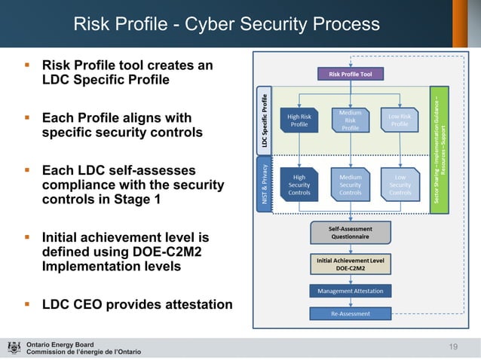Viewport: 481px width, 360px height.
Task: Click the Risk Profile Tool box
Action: pyautogui.click(x=350, y=74)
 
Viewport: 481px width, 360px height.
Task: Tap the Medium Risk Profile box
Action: pyautogui.click(x=350, y=121)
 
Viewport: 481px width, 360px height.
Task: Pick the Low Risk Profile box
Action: pyautogui.click(x=400, y=120)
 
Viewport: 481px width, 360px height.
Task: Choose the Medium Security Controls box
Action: pyautogui.click(x=350, y=185)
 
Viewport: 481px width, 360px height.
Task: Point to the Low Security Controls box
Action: pyautogui.click(x=400, y=185)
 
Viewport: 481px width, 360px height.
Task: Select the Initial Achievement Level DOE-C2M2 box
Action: pyautogui.click(x=350, y=263)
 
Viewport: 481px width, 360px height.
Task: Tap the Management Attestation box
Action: pyautogui.click(x=350, y=291)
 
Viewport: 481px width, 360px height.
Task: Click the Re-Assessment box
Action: pyautogui.click(x=350, y=313)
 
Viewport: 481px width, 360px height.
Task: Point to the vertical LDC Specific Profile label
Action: pyautogui.click(x=264, y=121)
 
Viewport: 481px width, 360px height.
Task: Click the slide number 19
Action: pyautogui.click(x=453, y=345)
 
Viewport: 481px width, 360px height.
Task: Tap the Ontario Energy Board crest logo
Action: pyautogui.click(x=14, y=348)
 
